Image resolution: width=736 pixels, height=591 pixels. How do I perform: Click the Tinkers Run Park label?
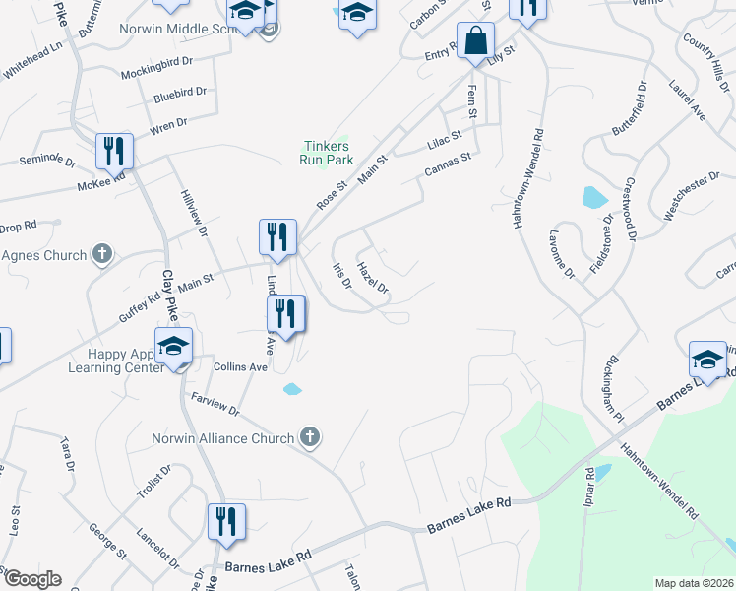point(326,152)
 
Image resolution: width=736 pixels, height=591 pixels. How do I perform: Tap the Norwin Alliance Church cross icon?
point(310,437)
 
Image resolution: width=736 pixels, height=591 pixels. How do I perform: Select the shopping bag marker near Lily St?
point(475,42)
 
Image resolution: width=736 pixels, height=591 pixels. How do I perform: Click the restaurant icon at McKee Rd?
point(114,152)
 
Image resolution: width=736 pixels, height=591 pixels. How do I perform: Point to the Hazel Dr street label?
point(373,277)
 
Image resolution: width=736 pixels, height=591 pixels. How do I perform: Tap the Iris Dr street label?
point(342,277)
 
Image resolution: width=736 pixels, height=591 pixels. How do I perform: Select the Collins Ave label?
point(240,366)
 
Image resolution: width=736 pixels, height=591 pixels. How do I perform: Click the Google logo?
point(31,579)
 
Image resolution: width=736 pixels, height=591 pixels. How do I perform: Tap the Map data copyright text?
point(694,582)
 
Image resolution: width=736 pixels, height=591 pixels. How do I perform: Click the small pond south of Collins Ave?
point(292,389)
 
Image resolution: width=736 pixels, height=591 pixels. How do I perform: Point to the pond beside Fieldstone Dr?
point(594,197)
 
